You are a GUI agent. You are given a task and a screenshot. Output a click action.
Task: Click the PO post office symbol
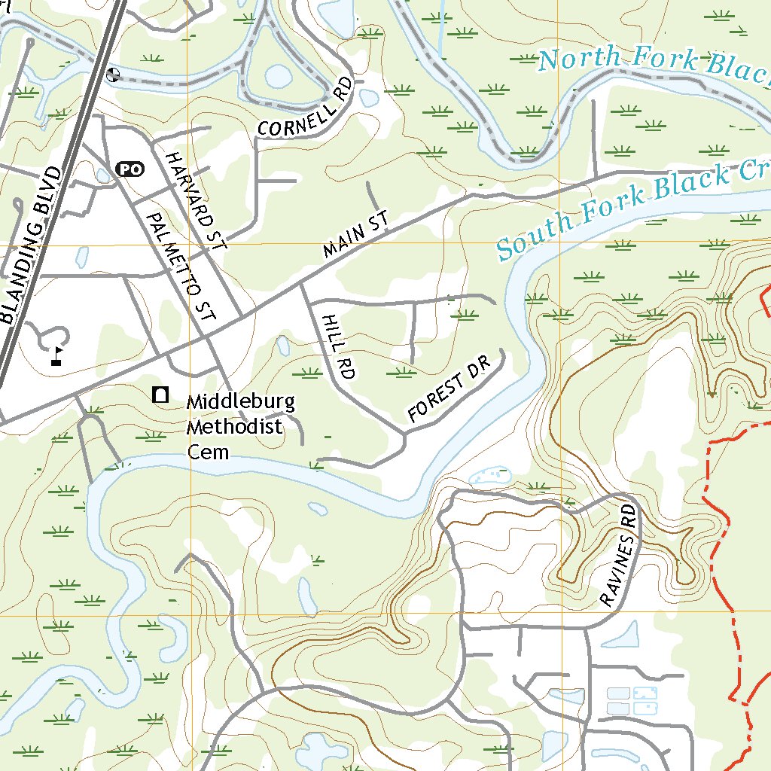[130, 169]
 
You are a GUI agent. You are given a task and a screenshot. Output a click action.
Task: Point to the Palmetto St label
[180, 267]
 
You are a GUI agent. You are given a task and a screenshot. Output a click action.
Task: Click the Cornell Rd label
[304, 108]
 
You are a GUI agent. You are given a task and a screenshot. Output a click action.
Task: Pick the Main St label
[355, 235]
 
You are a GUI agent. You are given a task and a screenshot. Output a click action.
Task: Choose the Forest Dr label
[448, 389]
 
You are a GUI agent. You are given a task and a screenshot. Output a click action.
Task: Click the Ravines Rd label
[620, 556]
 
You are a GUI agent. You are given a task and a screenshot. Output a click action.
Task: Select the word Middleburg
[241, 402]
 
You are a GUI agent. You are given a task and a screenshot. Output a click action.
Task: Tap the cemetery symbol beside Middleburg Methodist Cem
[160, 394]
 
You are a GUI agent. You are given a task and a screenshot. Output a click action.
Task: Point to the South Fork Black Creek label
[632, 207]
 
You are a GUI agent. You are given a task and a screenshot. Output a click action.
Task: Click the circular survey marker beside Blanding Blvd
[114, 73]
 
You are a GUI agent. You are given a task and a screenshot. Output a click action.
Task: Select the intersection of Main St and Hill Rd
[303, 285]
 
